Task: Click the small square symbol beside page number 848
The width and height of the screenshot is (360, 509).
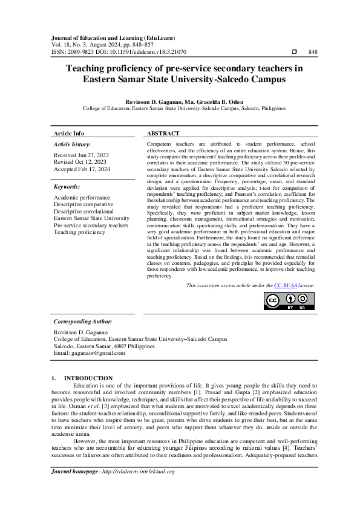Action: (294, 53)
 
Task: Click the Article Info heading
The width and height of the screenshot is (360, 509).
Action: (69, 133)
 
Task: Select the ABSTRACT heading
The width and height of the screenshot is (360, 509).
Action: (163, 133)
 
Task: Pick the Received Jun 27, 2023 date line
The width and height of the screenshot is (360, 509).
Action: (80, 155)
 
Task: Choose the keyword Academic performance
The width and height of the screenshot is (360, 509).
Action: (82, 198)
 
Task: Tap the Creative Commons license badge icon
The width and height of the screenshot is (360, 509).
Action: (289, 300)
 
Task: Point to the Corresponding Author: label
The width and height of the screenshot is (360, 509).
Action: (83, 322)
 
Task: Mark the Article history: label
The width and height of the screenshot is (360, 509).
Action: (73, 144)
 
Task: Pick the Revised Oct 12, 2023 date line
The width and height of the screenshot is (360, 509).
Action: (80, 162)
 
